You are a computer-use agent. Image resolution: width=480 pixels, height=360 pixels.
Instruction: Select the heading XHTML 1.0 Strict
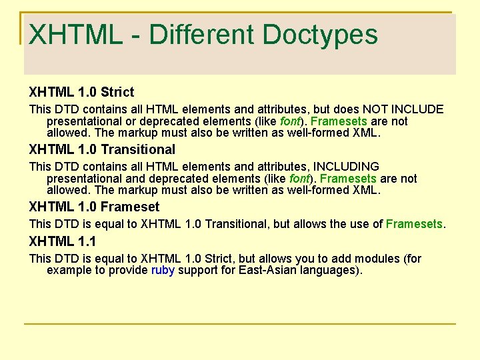click(81, 92)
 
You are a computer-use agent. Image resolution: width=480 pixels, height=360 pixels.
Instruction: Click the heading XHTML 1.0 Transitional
click(102, 149)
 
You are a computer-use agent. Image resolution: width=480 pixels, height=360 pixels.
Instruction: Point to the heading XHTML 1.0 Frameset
click(94, 207)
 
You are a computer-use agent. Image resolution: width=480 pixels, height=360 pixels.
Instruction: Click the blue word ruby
click(163, 270)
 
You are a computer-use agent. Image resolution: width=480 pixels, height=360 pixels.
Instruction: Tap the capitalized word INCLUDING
click(346, 166)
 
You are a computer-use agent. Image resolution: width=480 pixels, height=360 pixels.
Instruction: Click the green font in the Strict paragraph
click(290, 121)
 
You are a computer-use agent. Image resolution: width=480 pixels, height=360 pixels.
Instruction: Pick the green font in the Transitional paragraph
click(299, 179)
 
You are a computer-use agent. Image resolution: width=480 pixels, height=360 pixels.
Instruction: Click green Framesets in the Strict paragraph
click(339, 121)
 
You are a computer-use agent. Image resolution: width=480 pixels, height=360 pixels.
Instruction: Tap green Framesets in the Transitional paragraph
click(348, 179)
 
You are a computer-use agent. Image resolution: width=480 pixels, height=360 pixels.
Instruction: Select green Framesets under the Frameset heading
click(414, 224)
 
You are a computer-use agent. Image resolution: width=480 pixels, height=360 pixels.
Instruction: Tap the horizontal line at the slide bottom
click(240, 324)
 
